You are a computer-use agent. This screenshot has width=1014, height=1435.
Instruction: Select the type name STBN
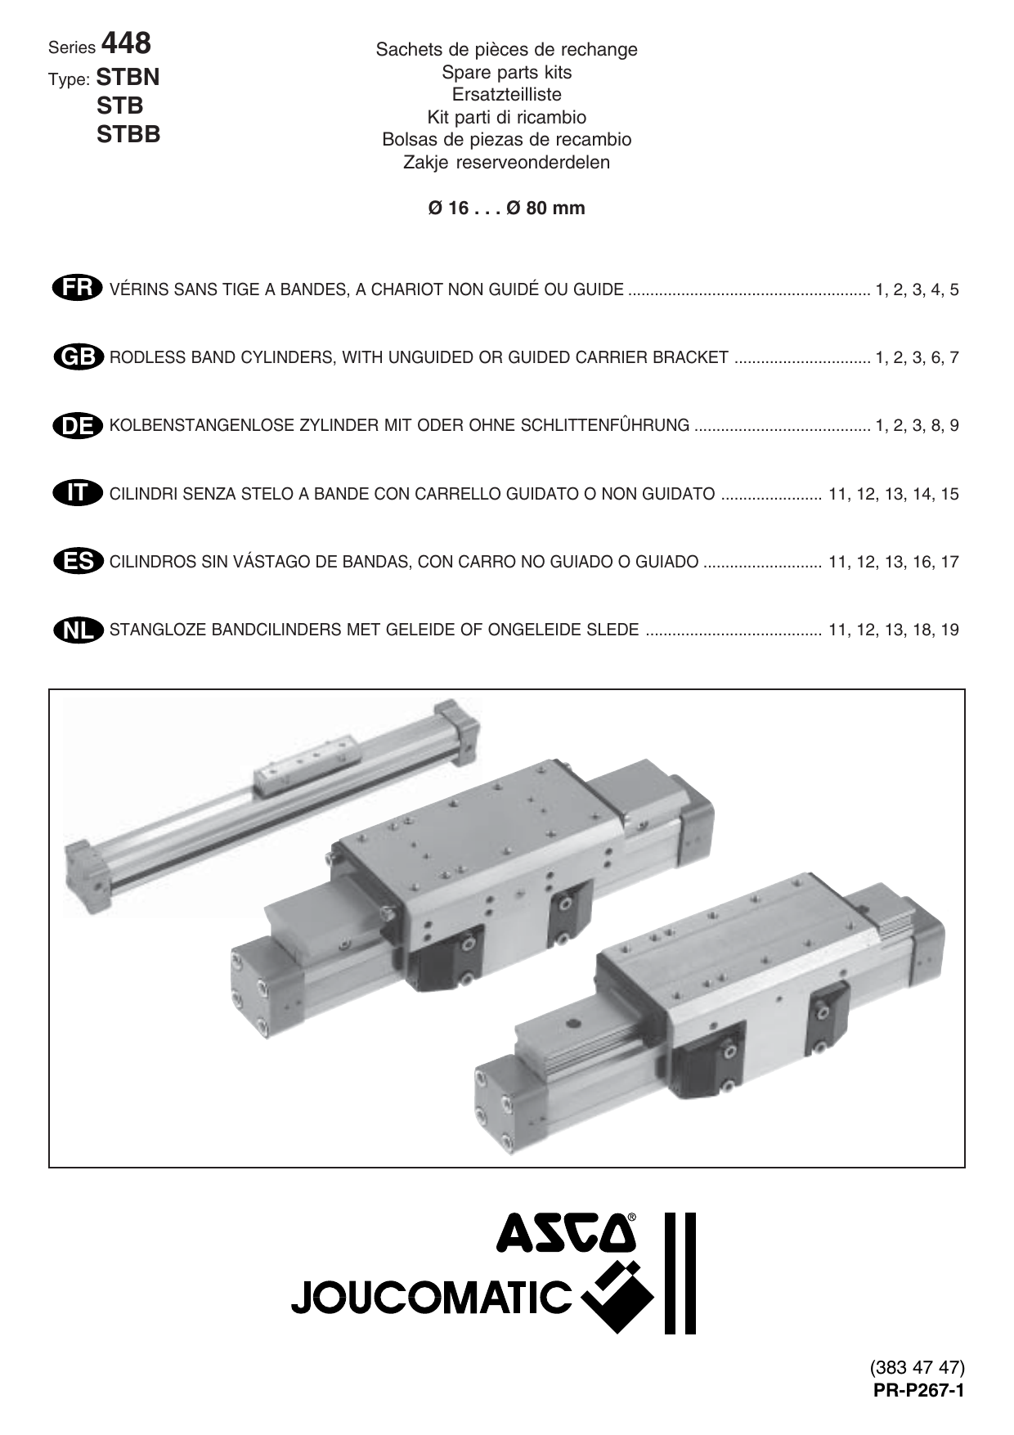click(128, 78)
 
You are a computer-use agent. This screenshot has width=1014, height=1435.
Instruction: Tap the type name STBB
click(128, 134)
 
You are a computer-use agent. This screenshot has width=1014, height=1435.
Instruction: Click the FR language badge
click(77, 289)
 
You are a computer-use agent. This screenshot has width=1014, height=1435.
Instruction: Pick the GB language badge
click(77, 357)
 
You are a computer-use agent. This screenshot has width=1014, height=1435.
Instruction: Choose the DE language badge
click(77, 425)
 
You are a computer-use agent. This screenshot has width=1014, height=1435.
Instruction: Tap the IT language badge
click(77, 493)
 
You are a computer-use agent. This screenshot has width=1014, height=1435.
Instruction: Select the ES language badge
click(77, 561)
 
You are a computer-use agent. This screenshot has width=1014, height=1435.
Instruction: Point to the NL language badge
click(77, 630)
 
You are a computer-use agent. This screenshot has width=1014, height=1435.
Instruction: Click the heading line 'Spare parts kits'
click(506, 72)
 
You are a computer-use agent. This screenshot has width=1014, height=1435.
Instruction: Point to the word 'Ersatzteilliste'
click(506, 94)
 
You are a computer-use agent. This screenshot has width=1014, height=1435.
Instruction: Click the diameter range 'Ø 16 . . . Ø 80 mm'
click(506, 208)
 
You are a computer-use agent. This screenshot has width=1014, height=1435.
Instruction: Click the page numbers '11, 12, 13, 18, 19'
click(893, 630)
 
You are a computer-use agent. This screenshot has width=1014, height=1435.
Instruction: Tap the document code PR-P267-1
click(919, 1391)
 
